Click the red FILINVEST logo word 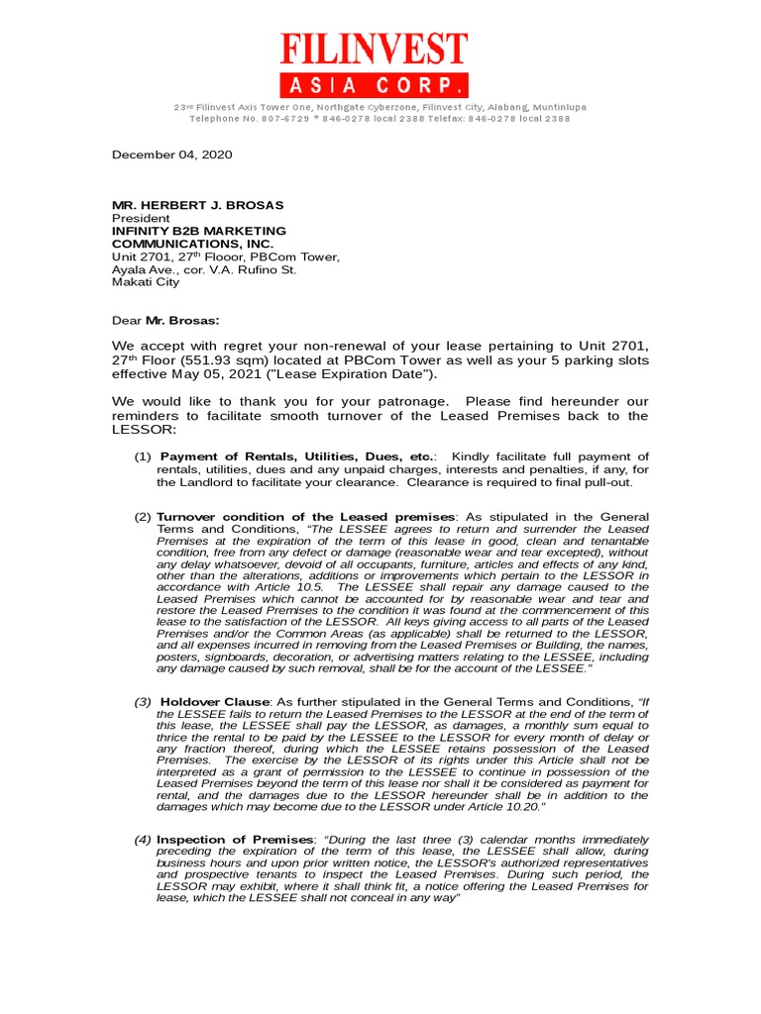373,51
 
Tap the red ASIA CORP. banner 373,84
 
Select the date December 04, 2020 171,154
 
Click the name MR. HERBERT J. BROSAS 197,205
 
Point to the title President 140,218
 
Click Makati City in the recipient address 146,282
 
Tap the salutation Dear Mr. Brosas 165,320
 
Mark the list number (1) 143,456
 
